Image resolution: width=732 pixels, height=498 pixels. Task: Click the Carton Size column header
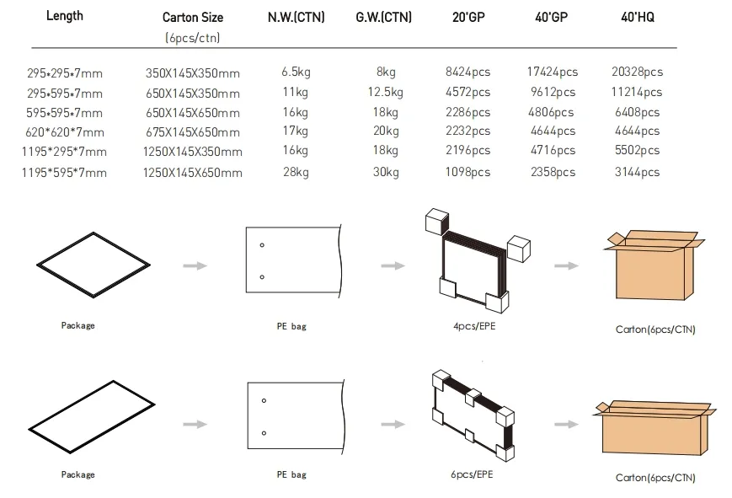pos(191,18)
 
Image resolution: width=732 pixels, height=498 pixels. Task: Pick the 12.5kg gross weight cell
pos(385,92)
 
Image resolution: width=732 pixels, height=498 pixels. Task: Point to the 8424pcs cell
pos(468,72)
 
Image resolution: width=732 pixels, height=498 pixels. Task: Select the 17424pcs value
pos(551,72)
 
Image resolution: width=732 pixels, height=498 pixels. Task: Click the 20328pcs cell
pos(637,72)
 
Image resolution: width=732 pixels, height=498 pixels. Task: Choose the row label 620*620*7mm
pos(66,132)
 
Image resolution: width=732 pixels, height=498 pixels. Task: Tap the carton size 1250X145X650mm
pos(193,173)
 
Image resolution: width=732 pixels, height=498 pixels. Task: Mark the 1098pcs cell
pos(468,172)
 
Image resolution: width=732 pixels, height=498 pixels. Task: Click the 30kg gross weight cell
pos(385,172)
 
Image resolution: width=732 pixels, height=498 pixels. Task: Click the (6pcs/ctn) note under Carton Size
pos(193,38)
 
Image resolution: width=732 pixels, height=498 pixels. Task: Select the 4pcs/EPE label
pos(472,324)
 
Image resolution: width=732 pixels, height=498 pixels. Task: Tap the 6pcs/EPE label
pos(472,474)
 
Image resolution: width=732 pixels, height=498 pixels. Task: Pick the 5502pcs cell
pos(637,151)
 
